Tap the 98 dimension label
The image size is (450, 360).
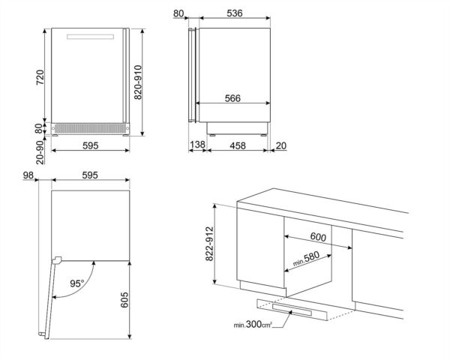pos(28,176)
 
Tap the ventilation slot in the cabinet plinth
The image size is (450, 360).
pos(299,308)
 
